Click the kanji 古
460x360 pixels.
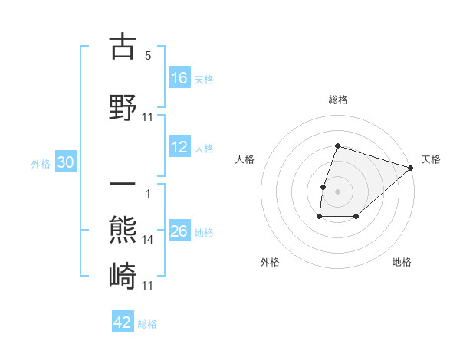point(123,47)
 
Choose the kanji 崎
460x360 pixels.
point(123,275)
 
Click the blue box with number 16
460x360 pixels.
point(179,78)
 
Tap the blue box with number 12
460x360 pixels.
point(179,148)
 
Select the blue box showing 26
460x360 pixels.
point(179,232)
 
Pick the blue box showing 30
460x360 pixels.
point(65,163)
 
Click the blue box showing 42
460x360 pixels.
point(123,323)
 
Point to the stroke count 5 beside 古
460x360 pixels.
point(148,55)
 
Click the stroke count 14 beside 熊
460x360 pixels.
point(148,240)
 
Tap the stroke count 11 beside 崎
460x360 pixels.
point(148,285)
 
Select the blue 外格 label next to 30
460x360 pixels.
point(41,164)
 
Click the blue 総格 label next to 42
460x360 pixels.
point(147,324)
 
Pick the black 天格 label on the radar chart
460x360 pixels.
point(431,159)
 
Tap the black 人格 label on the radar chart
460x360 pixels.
point(245,159)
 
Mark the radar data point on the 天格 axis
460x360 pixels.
point(411,168)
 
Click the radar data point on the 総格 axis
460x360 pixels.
point(337,146)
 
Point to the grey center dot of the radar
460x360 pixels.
point(337,191)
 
